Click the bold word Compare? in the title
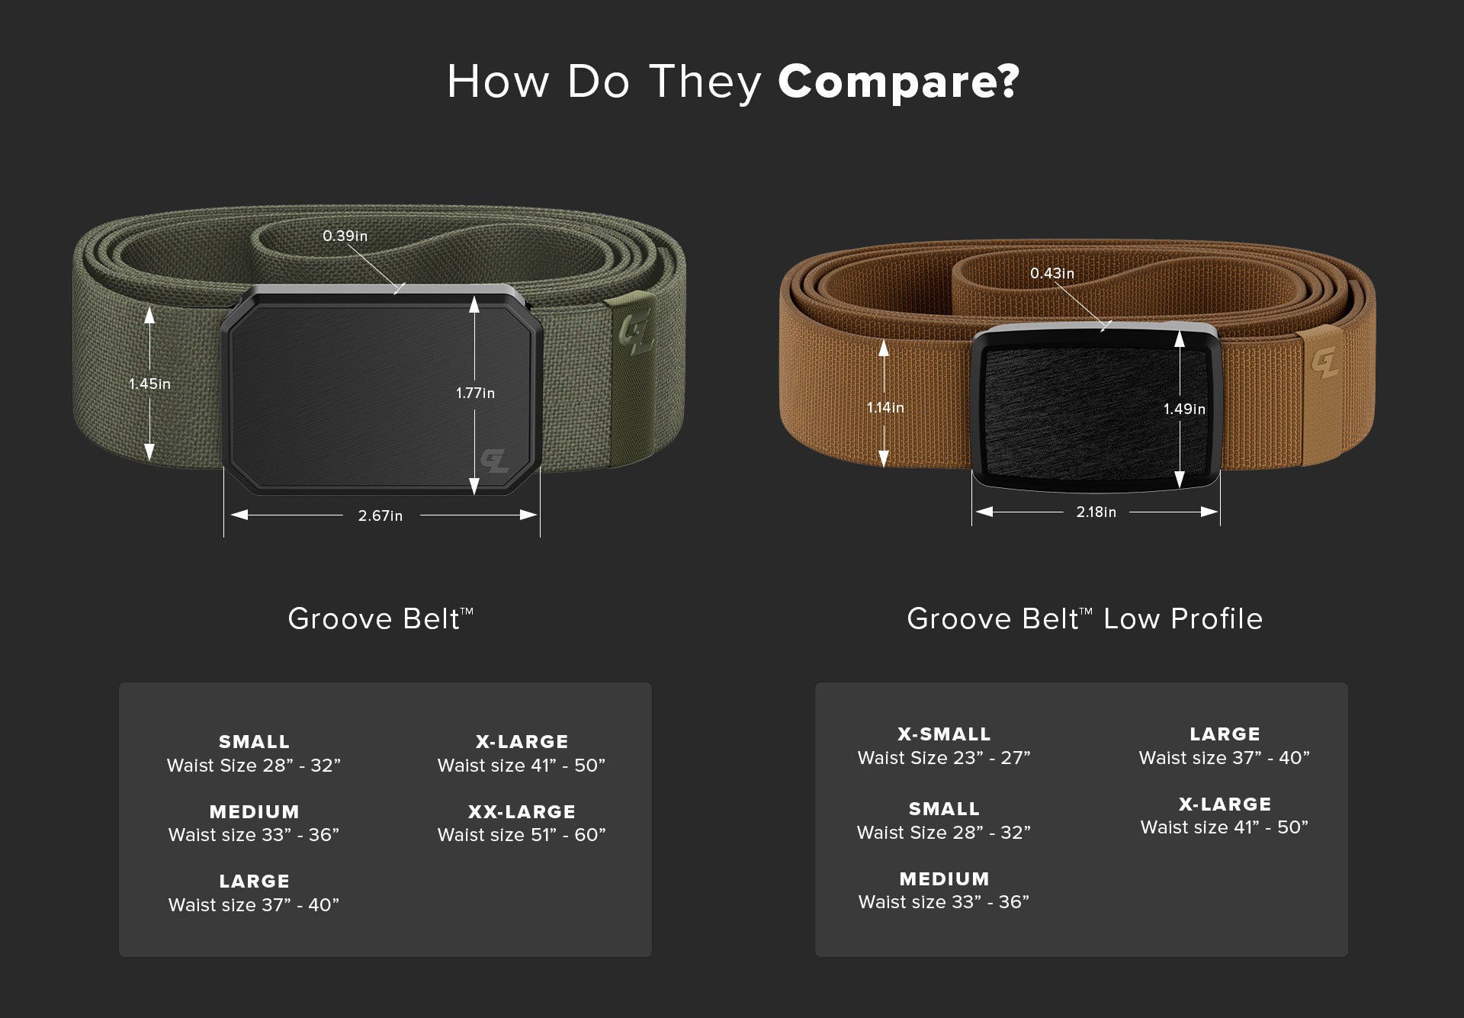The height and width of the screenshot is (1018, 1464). click(898, 82)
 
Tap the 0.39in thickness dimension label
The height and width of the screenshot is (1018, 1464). click(345, 236)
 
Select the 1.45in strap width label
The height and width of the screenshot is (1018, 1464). click(149, 384)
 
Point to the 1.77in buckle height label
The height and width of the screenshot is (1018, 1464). click(475, 393)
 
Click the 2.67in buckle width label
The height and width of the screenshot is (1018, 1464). click(380, 515)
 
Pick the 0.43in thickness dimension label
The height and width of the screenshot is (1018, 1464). click(1052, 273)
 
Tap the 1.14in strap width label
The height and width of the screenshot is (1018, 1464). click(885, 407)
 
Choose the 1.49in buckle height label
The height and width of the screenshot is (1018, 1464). click(1184, 409)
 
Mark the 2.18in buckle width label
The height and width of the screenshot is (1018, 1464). click(1096, 512)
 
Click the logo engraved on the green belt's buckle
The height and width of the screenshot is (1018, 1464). click(494, 460)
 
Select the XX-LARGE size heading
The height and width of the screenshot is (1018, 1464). click(522, 811)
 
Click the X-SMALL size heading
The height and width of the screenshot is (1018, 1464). click(944, 734)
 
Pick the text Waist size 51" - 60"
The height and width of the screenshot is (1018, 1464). click(522, 834)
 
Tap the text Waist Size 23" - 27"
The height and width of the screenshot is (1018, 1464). click(944, 757)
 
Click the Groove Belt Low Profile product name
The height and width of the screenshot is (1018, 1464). click(1084, 618)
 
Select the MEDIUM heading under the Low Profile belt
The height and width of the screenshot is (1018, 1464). click(944, 878)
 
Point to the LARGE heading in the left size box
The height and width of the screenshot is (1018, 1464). click(254, 881)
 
